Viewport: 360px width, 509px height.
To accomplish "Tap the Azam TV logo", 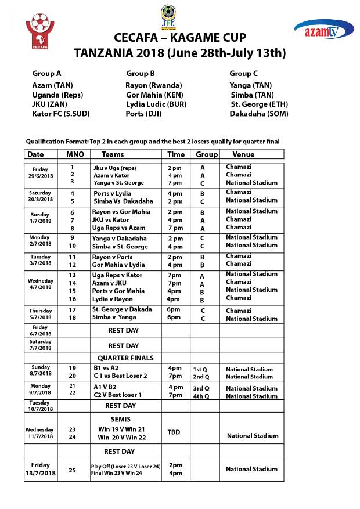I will click(x=324, y=29).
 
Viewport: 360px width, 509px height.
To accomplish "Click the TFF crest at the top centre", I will click(x=169, y=17).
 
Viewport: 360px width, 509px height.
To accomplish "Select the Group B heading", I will click(x=141, y=74).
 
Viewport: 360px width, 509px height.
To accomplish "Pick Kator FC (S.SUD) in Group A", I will click(x=61, y=114).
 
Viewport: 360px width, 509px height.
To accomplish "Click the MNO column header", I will click(x=72, y=154).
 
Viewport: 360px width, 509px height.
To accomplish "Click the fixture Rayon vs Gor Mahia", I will click(x=121, y=212).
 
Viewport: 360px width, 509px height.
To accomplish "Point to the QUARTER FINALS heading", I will click(x=125, y=358).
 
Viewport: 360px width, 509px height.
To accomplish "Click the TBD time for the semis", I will click(x=174, y=432).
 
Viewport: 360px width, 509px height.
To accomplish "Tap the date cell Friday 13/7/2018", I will click(x=41, y=469).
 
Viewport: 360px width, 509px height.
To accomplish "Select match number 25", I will click(x=72, y=470).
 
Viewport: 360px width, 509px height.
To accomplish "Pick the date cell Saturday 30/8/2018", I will click(x=41, y=196).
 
